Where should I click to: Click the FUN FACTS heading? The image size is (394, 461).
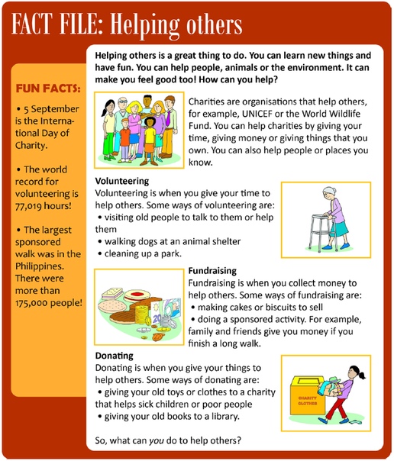[48, 89]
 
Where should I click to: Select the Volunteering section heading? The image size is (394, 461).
[122, 181]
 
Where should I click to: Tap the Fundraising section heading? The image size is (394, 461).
[212, 271]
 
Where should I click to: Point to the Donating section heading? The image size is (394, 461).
[114, 356]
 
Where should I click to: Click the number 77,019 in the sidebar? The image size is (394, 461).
[29, 206]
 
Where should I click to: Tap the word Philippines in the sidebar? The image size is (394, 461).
[40, 266]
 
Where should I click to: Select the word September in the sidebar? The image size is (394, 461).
[55, 109]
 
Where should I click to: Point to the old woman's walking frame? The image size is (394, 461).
[323, 232]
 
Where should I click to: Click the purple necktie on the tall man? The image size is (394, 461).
[168, 118]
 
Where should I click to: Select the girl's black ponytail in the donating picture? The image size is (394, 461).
[361, 375]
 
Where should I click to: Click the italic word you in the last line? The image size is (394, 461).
[155, 440]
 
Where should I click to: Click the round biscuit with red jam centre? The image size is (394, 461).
[137, 295]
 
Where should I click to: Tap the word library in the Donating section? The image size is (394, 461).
[225, 417]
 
